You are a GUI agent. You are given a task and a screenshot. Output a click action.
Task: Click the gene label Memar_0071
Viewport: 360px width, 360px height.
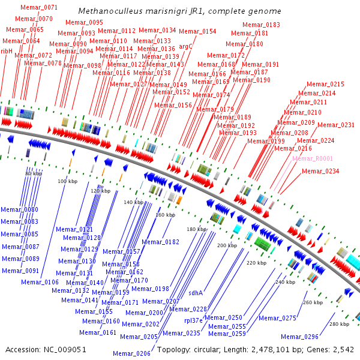pyautogui.click(x=39, y=7)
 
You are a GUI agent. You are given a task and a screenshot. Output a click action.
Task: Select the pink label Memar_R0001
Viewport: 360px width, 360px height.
pyautogui.click(x=313, y=158)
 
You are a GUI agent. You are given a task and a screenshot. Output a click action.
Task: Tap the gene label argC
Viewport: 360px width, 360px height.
pyautogui.click(x=185, y=47)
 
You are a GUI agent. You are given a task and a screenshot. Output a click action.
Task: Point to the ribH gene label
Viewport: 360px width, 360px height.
pyautogui.click(x=7, y=51)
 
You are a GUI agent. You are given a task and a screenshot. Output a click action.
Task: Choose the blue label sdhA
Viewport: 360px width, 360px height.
pyautogui.click(x=196, y=293)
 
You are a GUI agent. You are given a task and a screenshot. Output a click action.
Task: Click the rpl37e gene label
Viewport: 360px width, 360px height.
pyautogui.click(x=193, y=320)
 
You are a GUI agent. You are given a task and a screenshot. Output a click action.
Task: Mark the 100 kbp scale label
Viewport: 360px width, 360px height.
pyautogui.click(x=67, y=181)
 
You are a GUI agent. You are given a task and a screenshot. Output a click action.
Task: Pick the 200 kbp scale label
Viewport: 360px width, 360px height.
pyautogui.click(x=227, y=245)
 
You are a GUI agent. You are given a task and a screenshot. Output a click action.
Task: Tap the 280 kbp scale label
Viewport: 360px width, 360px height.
pyautogui.click(x=340, y=324)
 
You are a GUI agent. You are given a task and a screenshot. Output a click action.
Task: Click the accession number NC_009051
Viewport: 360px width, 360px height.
pyautogui.click(x=65, y=350)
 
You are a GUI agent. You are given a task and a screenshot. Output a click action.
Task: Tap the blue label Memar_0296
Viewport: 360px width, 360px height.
pyautogui.click(x=299, y=337)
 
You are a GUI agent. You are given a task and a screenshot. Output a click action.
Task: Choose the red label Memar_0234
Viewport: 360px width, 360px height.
pyautogui.click(x=320, y=171)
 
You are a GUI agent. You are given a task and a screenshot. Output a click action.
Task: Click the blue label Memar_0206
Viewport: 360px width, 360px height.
pyautogui.click(x=131, y=353)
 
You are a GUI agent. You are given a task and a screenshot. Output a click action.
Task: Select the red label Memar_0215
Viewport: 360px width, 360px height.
pyautogui.click(x=325, y=84)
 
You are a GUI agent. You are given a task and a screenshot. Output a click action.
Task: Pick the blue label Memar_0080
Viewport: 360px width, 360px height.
pyautogui.click(x=20, y=209)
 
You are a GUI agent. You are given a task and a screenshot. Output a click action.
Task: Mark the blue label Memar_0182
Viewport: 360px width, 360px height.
pyautogui.click(x=160, y=242)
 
